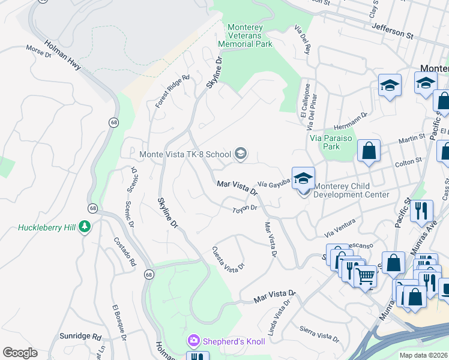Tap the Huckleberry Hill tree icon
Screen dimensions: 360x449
(x=85, y=227)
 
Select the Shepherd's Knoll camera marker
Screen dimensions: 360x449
(x=193, y=341)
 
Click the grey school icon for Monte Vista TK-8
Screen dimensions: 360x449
(x=240, y=154)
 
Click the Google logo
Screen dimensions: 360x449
(x=20, y=353)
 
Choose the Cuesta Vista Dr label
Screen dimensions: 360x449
(x=229, y=258)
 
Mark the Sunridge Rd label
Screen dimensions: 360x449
(x=80, y=337)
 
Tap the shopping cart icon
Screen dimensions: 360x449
(x=365, y=276)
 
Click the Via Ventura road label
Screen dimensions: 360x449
(x=340, y=227)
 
